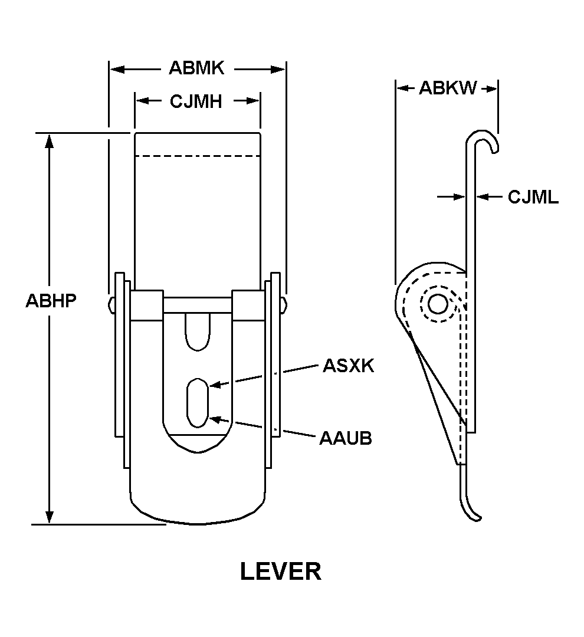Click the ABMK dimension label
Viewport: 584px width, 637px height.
pyautogui.click(x=196, y=68)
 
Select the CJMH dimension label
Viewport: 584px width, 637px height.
pyautogui.click(x=196, y=101)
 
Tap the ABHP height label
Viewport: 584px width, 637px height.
pyautogui.click(x=51, y=300)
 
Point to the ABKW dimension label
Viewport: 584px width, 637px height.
pyautogui.click(x=448, y=88)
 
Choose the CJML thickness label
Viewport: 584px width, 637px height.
pyautogui.click(x=533, y=197)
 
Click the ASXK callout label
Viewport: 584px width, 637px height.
pyautogui.click(x=348, y=366)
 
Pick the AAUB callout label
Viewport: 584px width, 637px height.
pyautogui.click(x=346, y=438)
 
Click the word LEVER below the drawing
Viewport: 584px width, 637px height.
pyautogui.click(x=281, y=572)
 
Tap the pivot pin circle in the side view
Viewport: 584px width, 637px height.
pyautogui.click(x=438, y=304)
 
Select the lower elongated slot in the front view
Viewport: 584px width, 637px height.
pyautogui.click(x=198, y=402)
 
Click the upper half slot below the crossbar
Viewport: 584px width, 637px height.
pyautogui.click(x=198, y=332)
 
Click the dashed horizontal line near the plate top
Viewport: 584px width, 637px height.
pyautogui.click(x=198, y=156)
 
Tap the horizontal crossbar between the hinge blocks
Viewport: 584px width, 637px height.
pyautogui.click(x=198, y=304)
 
